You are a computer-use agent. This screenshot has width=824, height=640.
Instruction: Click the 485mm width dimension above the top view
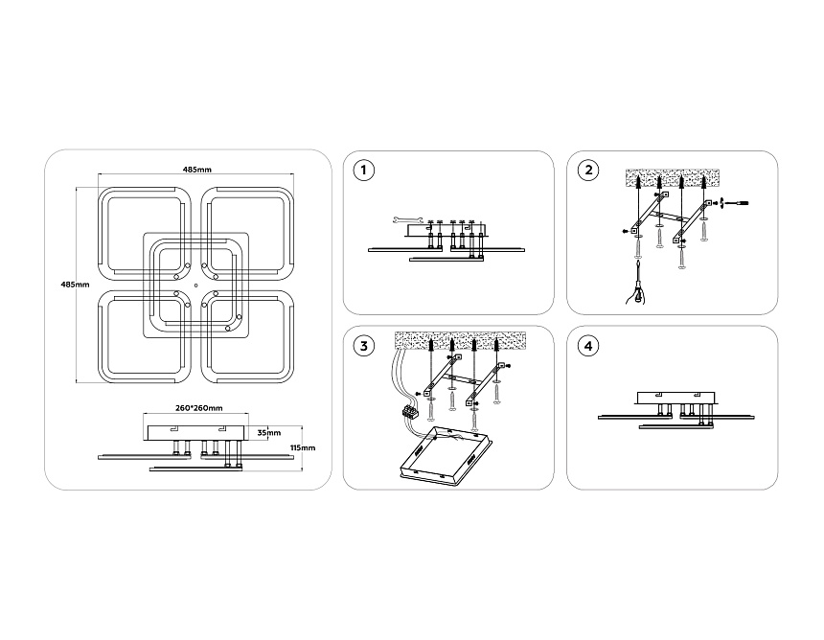point(197,170)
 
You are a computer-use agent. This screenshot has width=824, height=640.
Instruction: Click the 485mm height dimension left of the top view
point(75,285)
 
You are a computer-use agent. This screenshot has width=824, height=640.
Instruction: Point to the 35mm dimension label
point(268,433)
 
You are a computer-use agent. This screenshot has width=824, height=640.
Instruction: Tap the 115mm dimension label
point(303,447)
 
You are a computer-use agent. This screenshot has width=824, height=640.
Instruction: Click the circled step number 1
point(364,171)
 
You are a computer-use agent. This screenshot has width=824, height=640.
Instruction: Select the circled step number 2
point(588,171)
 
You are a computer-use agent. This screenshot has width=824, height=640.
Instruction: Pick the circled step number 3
point(364,346)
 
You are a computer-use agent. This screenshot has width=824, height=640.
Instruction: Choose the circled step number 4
point(588,346)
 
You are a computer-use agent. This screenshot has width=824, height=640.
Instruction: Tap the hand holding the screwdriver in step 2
point(637,292)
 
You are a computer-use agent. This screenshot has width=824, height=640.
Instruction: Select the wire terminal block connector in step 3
point(409,411)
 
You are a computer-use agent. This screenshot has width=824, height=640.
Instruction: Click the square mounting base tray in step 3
point(446,455)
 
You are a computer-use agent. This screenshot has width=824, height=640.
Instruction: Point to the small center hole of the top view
point(195,286)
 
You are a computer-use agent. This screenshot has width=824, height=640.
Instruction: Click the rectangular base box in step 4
point(676,399)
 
